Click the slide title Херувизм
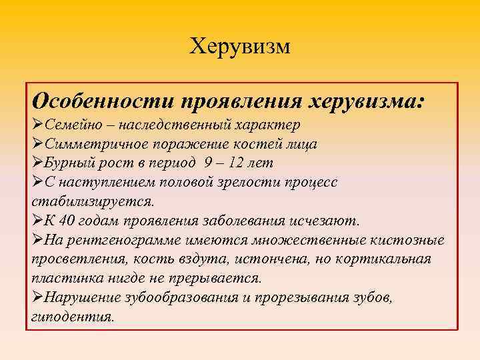pyautogui.click(x=240, y=46)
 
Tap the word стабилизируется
pyautogui.click(x=92, y=201)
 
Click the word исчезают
pyautogui.click(x=327, y=221)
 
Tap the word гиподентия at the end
pyautogui.click(x=71, y=316)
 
